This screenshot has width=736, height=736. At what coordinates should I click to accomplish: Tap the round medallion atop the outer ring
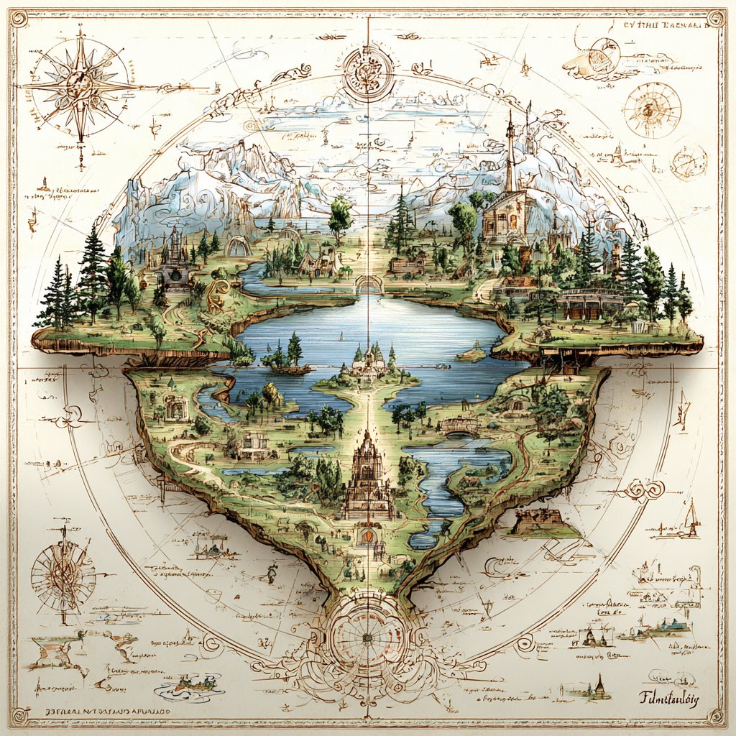(367, 70)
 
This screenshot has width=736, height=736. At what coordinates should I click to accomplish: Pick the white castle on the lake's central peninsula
(369, 363)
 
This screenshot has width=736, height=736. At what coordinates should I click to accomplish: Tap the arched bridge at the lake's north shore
(369, 284)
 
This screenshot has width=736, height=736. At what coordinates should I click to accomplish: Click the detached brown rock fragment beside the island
(543, 523)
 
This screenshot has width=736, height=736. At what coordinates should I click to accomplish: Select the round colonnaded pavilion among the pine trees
(592, 303)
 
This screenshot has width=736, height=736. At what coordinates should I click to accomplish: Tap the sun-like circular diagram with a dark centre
(651, 109)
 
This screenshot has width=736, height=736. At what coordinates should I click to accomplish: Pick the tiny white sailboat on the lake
(472, 354)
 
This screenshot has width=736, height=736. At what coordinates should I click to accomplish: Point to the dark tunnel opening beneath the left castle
(172, 275)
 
